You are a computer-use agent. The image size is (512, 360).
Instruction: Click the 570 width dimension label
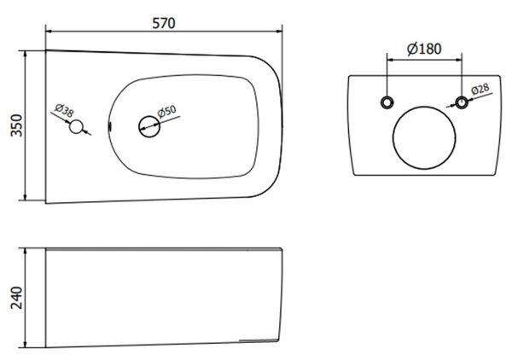[164, 23]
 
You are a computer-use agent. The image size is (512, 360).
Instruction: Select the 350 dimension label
[17, 125]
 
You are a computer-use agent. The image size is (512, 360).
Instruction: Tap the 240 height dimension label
[17, 298]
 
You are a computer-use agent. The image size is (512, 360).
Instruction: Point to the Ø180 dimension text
[424, 49]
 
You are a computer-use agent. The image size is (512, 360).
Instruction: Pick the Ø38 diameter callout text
[64, 110]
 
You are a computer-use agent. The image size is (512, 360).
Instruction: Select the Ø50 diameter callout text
[167, 111]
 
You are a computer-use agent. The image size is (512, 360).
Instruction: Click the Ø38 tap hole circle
[76, 127]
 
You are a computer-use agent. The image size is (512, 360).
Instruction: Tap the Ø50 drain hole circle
[149, 126]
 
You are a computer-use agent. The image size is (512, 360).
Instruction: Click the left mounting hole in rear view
[387, 102]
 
